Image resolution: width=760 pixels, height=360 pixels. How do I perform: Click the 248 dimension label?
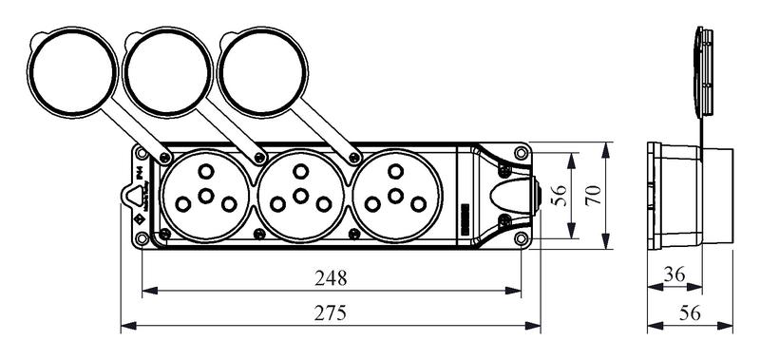331,279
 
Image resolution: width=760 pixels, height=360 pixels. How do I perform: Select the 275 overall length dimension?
331,313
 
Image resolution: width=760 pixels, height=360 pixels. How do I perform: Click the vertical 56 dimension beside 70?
560,197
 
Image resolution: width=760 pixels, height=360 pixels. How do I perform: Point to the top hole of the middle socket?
300,171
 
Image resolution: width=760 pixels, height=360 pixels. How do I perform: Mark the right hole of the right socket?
419,203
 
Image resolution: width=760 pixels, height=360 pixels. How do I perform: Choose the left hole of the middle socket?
276,203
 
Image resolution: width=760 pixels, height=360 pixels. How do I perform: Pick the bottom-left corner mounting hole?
142,238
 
